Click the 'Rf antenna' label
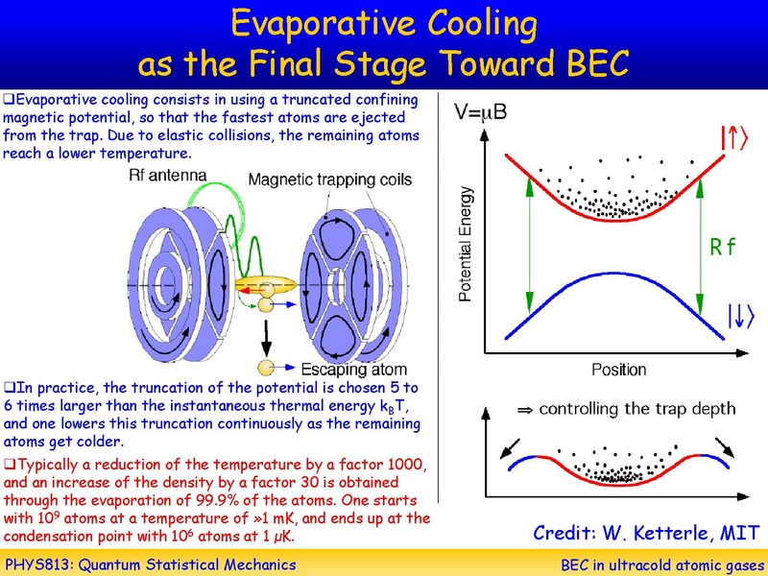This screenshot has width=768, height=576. (169, 176)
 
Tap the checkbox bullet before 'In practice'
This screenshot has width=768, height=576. (9, 388)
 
